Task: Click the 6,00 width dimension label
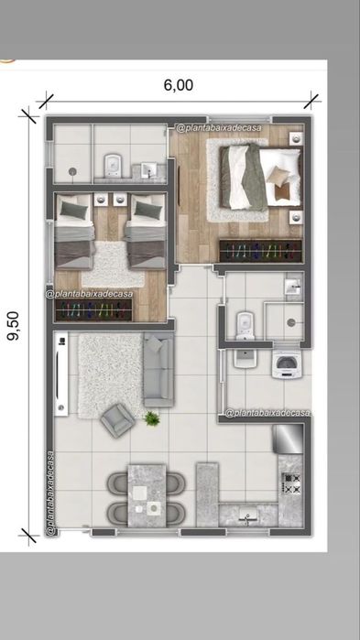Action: point(179,85)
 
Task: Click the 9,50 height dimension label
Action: point(14,325)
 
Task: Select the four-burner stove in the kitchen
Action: point(291,484)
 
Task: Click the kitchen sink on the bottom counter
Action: point(247,515)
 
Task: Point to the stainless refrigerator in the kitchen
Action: point(289,439)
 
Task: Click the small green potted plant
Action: point(152,418)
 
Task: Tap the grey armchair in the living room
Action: point(117,420)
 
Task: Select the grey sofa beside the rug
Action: point(158,370)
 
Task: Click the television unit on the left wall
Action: point(61,374)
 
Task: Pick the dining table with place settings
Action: point(147,495)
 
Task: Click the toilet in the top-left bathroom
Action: point(113,166)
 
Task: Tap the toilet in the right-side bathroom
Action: point(245,326)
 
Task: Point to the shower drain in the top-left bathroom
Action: point(72,170)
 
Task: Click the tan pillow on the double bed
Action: point(278,176)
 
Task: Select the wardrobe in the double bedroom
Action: point(261,251)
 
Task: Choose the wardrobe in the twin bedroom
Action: point(93,310)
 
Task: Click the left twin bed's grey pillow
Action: point(74,211)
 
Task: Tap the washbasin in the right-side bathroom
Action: point(293,287)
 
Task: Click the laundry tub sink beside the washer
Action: point(245,358)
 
